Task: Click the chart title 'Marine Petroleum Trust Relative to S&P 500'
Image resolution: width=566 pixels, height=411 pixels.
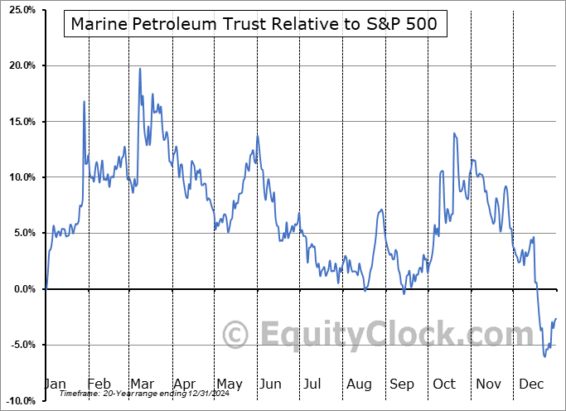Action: (x=255, y=24)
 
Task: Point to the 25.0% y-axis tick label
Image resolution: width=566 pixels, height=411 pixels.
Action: (x=20, y=10)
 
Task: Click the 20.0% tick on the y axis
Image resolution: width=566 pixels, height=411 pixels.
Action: (x=20, y=65)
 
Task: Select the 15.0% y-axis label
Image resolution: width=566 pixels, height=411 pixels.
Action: (x=20, y=122)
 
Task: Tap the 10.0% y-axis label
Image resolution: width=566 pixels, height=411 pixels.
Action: (x=20, y=177)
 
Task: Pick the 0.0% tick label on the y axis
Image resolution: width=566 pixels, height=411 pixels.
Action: (x=22, y=289)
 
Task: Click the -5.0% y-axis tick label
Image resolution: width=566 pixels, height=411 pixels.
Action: (x=21, y=345)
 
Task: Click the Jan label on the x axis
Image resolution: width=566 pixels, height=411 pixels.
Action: (x=55, y=384)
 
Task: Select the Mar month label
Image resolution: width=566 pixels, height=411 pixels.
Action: (x=140, y=384)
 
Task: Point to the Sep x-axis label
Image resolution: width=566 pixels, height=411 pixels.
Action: (x=402, y=384)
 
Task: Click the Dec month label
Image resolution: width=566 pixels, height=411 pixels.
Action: (x=530, y=384)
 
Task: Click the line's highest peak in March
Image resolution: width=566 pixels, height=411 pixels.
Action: (x=139, y=69)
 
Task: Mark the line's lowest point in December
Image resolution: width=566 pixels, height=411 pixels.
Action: (x=544, y=356)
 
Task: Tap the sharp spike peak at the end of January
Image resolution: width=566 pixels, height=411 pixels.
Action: (x=85, y=101)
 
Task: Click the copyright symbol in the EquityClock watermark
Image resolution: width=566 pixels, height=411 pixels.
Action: (x=236, y=336)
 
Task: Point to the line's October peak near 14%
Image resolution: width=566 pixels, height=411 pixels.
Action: (x=454, y=133)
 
